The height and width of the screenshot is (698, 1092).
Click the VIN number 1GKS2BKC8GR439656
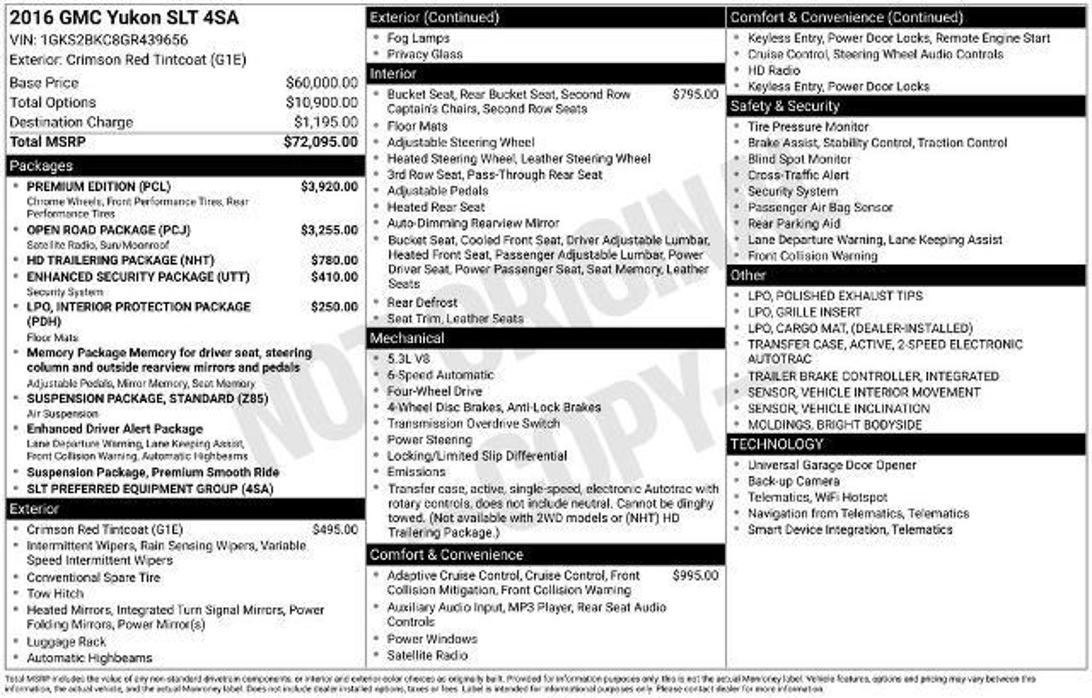click(x=114, y=40)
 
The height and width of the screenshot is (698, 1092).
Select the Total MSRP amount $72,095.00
click(x=320, y=142)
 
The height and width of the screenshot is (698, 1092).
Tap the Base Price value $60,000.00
click(x=322, y=83)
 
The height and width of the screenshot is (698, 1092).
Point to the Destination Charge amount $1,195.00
click(x=326, y=122)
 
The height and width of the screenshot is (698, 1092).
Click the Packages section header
click(x=41, y=166)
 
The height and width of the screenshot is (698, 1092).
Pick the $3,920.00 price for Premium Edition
click(x=329, y=187)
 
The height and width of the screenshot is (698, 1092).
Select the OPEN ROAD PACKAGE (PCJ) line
click(x=108, y=230)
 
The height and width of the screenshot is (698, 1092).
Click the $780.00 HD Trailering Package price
click(x=334, y=260)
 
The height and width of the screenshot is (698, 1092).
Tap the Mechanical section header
click(x=407, y=338)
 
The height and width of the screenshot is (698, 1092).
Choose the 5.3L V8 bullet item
click(x=408, y=359)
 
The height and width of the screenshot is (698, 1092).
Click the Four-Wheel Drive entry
click(x=434, y=391)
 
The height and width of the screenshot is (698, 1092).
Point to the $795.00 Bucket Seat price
click(x=695, y=94)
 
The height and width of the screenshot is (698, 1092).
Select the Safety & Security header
click(x=784, y=106)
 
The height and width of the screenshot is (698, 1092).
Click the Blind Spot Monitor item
click(x=799, y=159)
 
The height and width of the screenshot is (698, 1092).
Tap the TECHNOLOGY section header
click(x=776, y=444)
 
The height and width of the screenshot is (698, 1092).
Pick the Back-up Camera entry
click(x=793, y=481)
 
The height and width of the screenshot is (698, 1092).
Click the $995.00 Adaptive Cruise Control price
click(x=695, y=575)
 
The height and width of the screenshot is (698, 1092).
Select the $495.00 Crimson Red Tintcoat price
click(x=335, y=529)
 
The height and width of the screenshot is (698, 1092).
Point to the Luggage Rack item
click(x=66, y=642)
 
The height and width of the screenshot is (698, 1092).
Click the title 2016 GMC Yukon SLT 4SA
click(x=124, y=18)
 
